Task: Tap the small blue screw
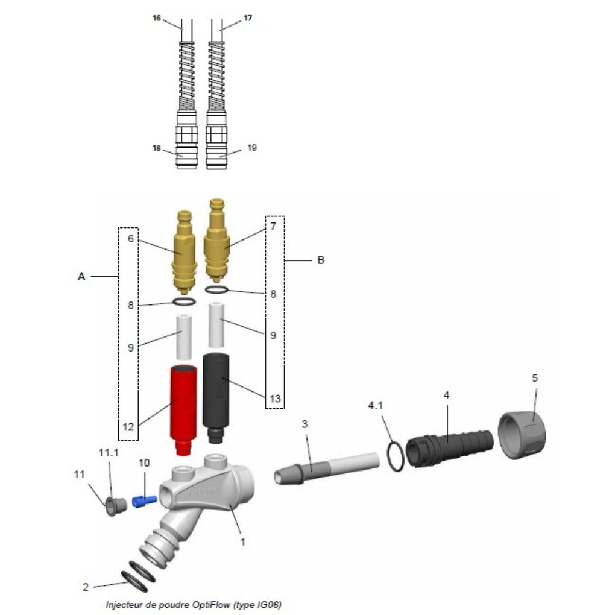click(144, 501)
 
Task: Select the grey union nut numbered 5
click(522, 434)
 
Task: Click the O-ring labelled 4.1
click(396, 456)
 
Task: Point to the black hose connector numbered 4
click(449, 449)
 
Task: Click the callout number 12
click(128, 427)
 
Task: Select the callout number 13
click(275, 399)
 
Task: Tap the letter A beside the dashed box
click(81, 277)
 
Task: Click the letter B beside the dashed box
click(320, 260)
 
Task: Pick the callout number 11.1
click(109, 453)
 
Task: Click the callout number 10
click(144, 463)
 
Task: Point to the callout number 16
click(157, 18)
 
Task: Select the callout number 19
click(252, 148)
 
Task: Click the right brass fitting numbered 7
click(216, 240)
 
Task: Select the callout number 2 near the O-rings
click(86, 587)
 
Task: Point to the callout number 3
click(304, 424)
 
